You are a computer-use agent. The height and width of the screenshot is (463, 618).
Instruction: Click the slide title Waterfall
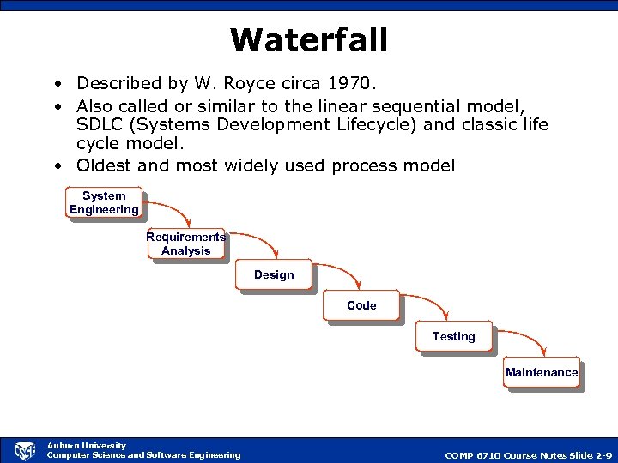(x=309, y=39)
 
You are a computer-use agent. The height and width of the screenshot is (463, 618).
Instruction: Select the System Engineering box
(x=104, y=203)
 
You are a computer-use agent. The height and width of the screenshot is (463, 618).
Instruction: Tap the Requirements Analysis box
(x=186, y=244)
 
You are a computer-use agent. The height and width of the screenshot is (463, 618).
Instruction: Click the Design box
(x=274, y=275)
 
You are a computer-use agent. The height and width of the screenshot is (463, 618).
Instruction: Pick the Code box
(x=361, y=305)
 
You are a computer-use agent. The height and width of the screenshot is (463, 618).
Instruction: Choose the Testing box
(x=453, y=337)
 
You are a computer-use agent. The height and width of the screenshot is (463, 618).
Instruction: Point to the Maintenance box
(x=542, y=373)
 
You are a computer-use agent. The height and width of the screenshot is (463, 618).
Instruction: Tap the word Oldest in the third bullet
(x=105, y=165)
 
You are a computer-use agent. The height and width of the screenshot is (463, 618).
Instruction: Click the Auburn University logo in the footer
(x=25, y=450)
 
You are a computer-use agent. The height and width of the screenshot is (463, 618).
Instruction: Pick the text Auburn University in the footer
(x=86, y=445)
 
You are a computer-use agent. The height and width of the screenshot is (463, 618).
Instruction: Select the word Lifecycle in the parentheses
(x=396, y=125)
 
